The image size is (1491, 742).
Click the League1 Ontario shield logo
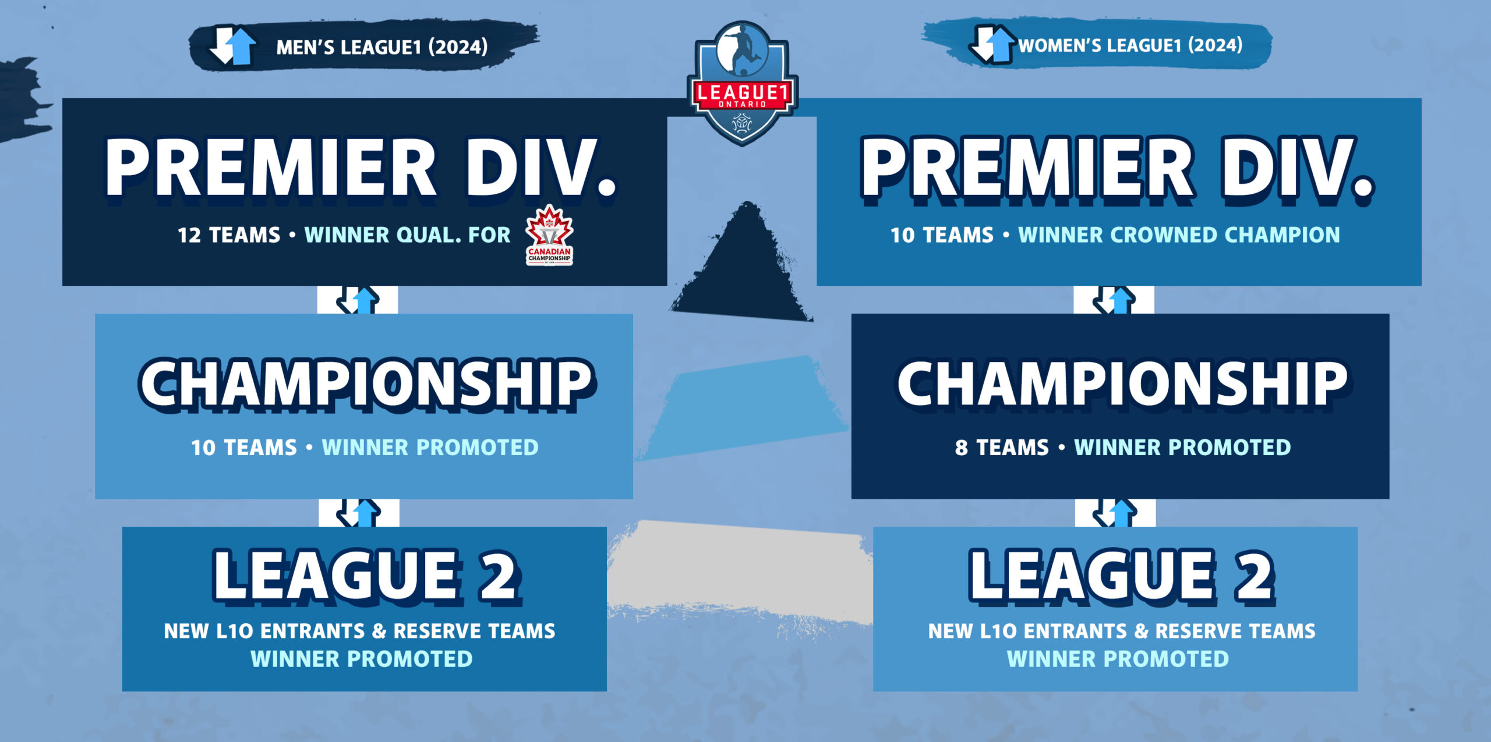pos(742,83)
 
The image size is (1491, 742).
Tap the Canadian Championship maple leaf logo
pos(549,235)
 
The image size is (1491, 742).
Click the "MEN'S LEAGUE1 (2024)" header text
pos(382,47)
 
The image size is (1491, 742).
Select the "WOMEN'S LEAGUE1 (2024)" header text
pos(1130,45)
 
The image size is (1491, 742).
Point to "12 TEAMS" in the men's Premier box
pos(229,235)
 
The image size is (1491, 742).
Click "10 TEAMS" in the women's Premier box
pos(942,235)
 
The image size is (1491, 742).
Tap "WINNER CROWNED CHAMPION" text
pos(1179,235)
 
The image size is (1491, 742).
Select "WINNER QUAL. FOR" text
pos(407,235)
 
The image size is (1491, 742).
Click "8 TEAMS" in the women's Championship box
pos(1002,448)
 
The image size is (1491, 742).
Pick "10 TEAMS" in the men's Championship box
pos(244,448)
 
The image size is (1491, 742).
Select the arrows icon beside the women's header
pos(993,44)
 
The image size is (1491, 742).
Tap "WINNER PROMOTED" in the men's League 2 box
pos(362,659)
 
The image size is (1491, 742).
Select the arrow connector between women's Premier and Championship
pos(1114,300)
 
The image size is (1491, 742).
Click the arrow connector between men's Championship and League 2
pos(359,513)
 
